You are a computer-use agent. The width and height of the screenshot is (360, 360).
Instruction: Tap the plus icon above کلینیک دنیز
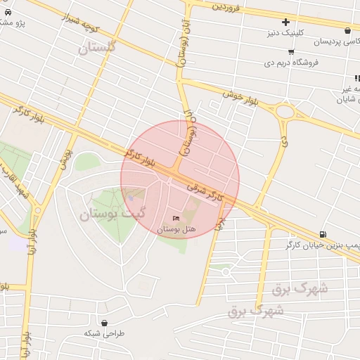point(285,22)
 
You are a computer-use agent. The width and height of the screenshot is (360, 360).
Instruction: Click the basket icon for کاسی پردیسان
point(348,30)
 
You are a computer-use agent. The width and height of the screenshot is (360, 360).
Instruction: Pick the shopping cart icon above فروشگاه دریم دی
point(291,52)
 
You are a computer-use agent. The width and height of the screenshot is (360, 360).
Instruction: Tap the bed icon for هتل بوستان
point(176,219)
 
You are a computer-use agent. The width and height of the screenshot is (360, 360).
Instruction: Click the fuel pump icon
point(322,234)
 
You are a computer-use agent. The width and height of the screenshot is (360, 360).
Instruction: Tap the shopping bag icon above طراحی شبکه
point(104,323)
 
